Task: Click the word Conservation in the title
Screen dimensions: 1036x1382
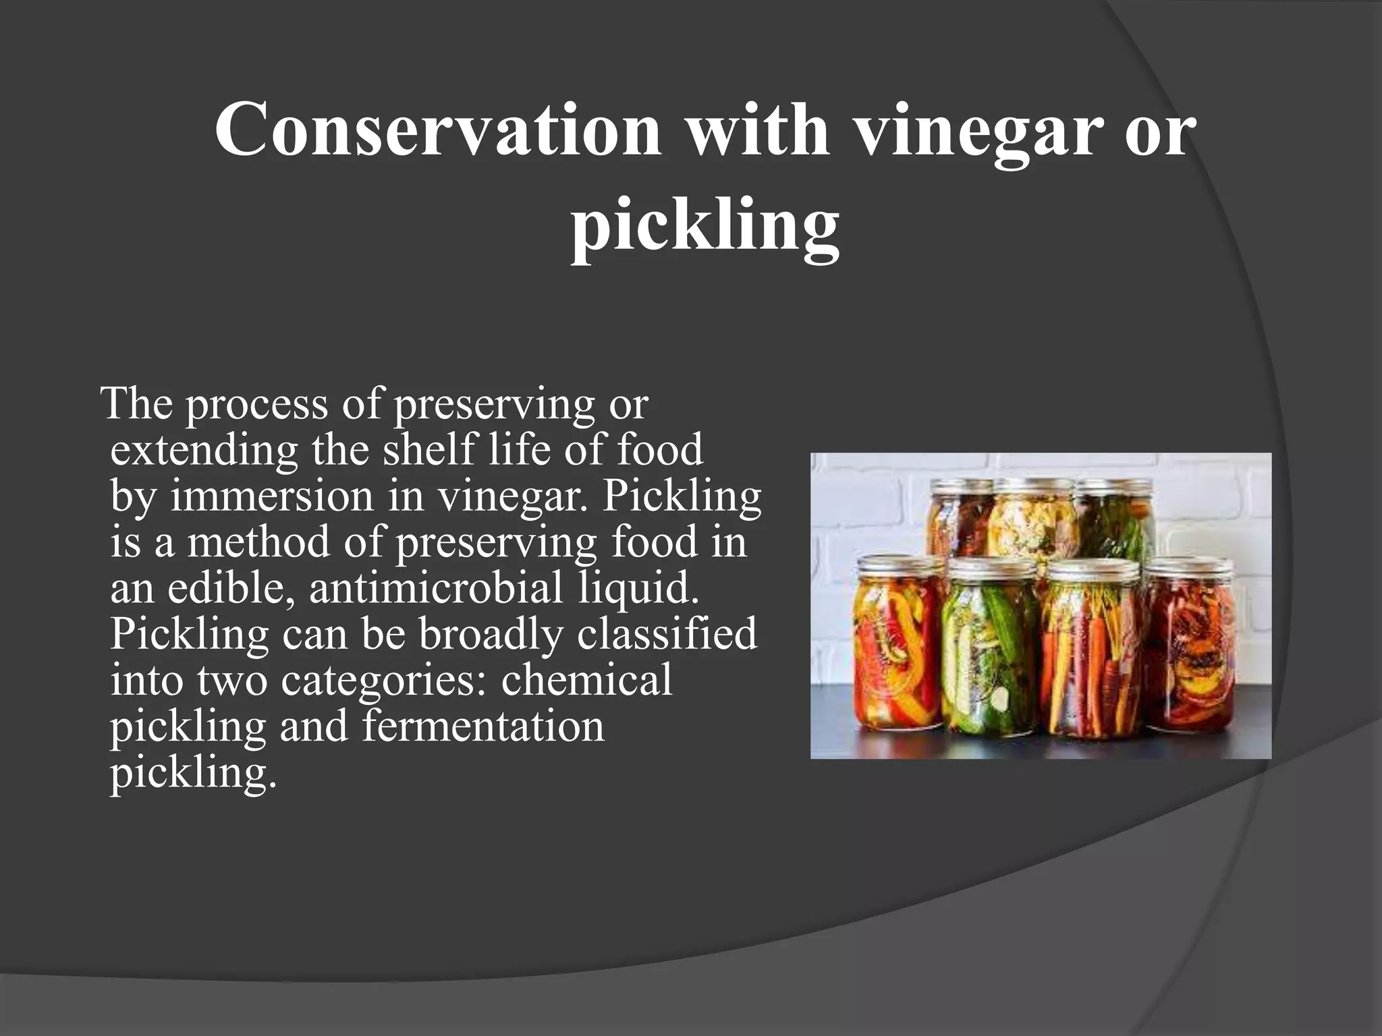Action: tap(437, 128)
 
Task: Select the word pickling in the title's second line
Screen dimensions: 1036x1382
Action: tap(705, 224)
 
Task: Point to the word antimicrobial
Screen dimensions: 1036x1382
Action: tap(435, 587)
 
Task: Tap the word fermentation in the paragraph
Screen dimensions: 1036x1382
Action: tap(483, 726)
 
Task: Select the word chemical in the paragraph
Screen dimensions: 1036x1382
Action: tap(586, 680)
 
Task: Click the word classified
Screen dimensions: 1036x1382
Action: tap(667, 634)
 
